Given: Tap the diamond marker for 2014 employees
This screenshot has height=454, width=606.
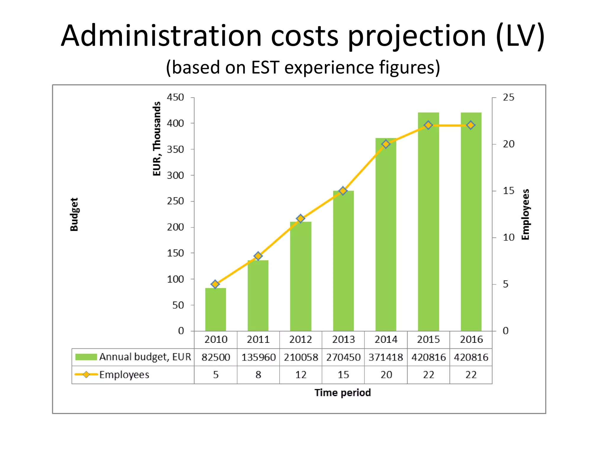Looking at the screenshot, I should tap(386, 144).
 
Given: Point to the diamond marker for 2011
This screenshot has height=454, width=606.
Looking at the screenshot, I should tap(258, 256).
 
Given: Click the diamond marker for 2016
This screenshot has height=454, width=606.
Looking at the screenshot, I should tap(471, 125).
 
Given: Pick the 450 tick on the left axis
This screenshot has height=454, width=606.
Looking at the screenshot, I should tap(175, 97).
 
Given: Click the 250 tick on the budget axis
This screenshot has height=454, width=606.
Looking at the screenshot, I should tap(175, 201).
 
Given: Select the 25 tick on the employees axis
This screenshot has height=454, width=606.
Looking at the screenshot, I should tap(508, 97).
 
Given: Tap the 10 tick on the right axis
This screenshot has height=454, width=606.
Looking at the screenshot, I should tap(508, 237).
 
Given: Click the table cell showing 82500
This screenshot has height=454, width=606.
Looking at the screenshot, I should tap(216, 357).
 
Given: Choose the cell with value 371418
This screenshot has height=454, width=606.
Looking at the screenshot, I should tap(386, 357).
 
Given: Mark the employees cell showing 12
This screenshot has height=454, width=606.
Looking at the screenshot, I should tap(301, 375).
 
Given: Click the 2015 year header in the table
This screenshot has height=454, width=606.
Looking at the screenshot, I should tap(428, 340).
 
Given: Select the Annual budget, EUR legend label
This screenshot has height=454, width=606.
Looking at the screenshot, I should tap(145, 357).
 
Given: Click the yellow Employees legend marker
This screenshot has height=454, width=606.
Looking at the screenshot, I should tap(86, 374).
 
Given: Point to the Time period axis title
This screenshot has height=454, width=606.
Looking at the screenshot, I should tap(343, 393).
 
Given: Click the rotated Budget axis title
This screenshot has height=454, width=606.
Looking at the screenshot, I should tap(74, 214).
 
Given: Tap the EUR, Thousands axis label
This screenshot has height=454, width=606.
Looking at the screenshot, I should tap(157, 139).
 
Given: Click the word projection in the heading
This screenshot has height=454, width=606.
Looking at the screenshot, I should tap(417, 36).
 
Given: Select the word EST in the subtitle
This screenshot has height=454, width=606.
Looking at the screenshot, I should tap(265, 67).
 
